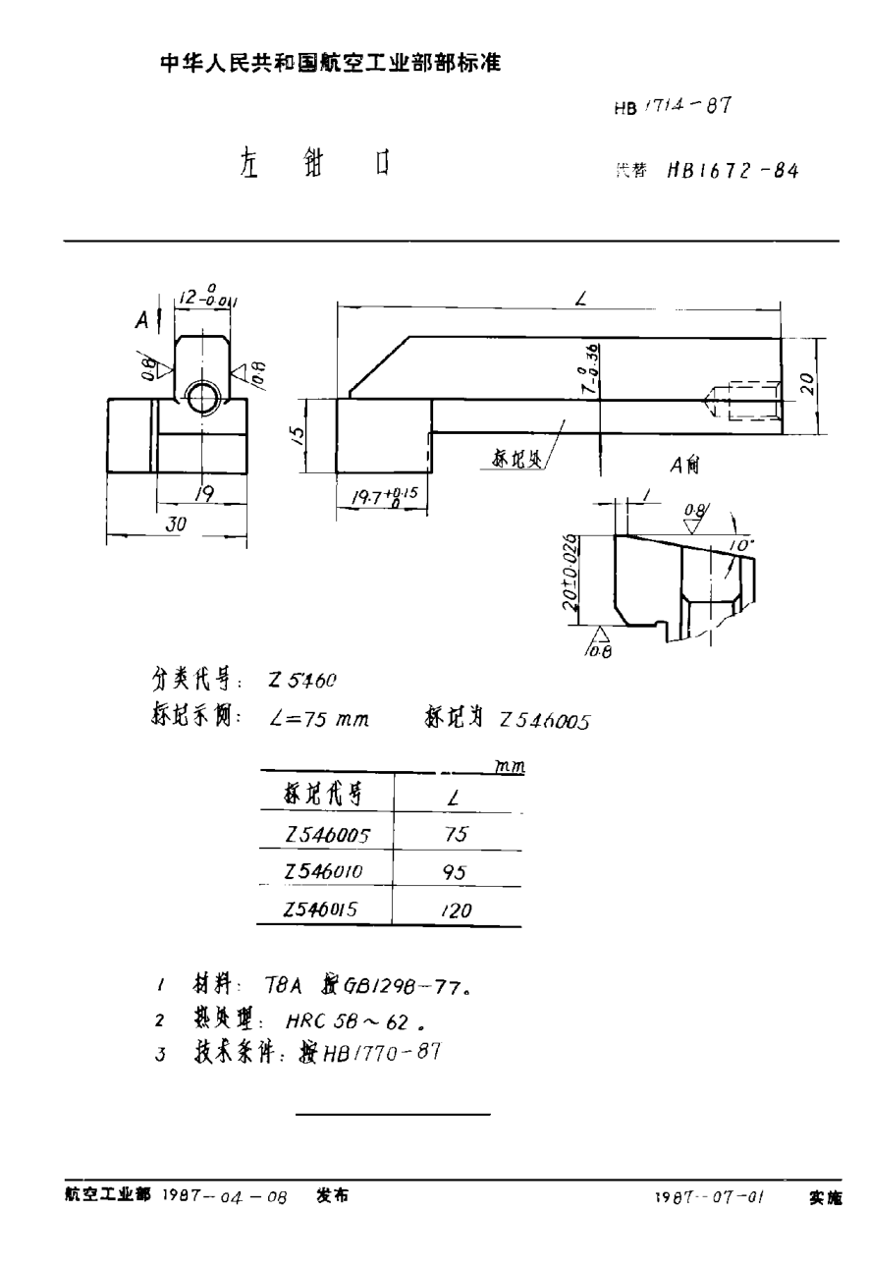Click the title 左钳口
click(x=313, y=163)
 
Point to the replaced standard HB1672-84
click(x=732, y=169)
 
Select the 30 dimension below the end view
click(x=176, y=524)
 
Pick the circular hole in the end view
click(x=203, y=397)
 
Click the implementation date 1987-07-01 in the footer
click(x=709, y=1198)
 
